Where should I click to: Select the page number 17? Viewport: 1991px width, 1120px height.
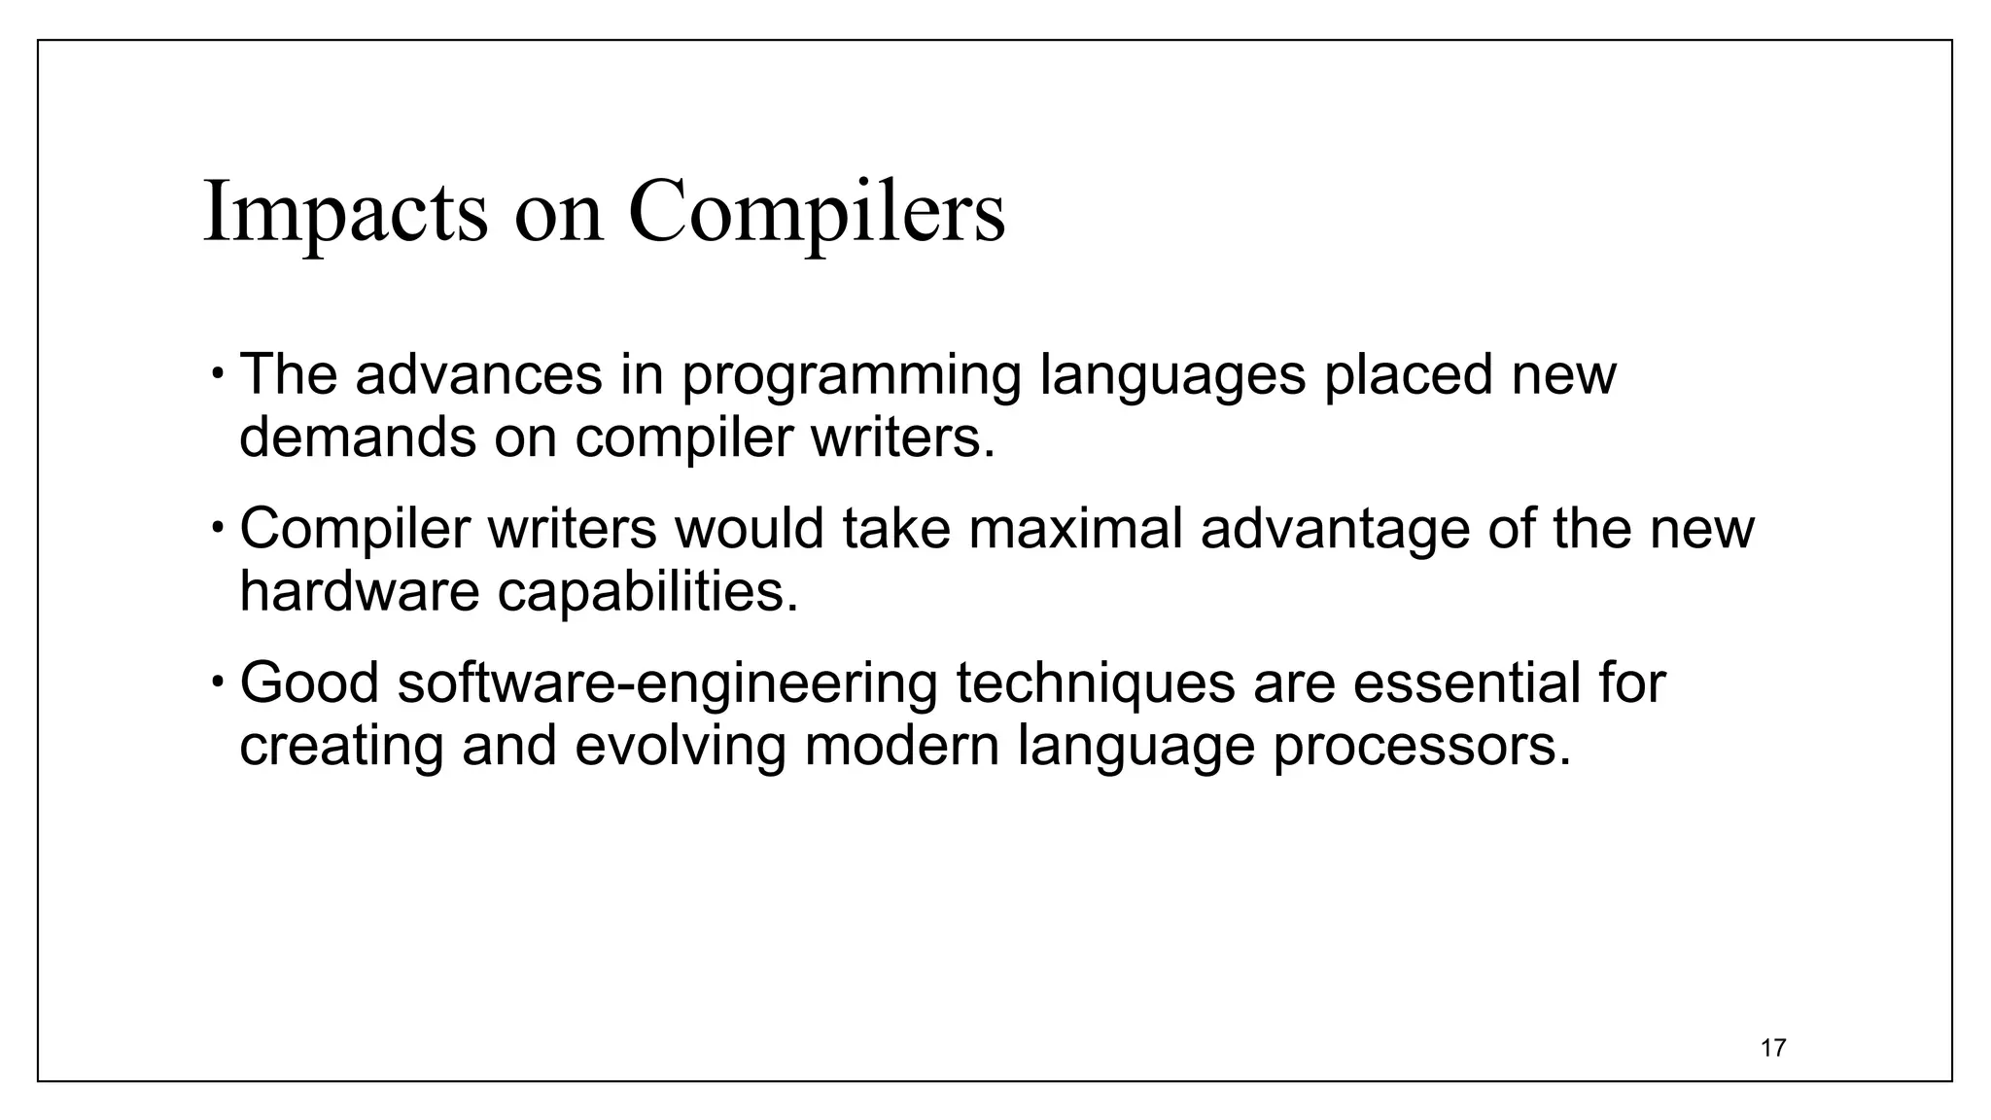tap(1773, 1048)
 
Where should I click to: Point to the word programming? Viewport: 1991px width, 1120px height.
tap(851, 377)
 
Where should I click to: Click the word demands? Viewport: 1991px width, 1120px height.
tap(358, 437)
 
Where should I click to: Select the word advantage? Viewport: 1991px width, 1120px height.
tap(1335, 532)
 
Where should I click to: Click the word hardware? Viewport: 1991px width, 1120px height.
tap(360, 591)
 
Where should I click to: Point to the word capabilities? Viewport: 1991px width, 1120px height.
tap(647, 593)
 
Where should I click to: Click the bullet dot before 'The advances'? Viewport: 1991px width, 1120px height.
tap(220, 373)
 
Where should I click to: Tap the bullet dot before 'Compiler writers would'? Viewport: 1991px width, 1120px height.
tap(220, 528)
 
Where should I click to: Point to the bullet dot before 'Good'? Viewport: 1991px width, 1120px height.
tap(220, 682)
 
